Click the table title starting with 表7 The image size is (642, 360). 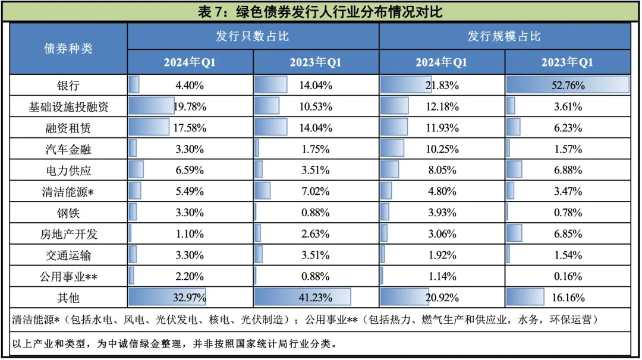coord(321,11)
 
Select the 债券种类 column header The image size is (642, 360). coord(68,49)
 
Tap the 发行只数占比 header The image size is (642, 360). coord(253,36)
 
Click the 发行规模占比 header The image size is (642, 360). coord(504,36)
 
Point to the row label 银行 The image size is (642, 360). coord(68,85)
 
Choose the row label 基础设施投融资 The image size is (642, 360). coord(68,107)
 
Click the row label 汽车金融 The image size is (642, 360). coord(68,149)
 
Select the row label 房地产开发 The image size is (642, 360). coord(68,234)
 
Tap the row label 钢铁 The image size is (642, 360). coord(68,213)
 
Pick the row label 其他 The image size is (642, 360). coord(68,297)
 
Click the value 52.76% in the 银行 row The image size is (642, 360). coord(567,85)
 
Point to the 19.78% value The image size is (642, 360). coord(190,107)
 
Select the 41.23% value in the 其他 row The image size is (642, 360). coord(316,297)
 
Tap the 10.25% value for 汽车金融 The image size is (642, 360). coord(442,149)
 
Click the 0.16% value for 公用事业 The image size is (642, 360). coord(567,276)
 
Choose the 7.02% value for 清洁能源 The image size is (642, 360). coord(316,191)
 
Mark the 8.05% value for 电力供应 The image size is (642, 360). coord(442,170)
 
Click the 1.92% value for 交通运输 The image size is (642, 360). coord(442,255)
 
